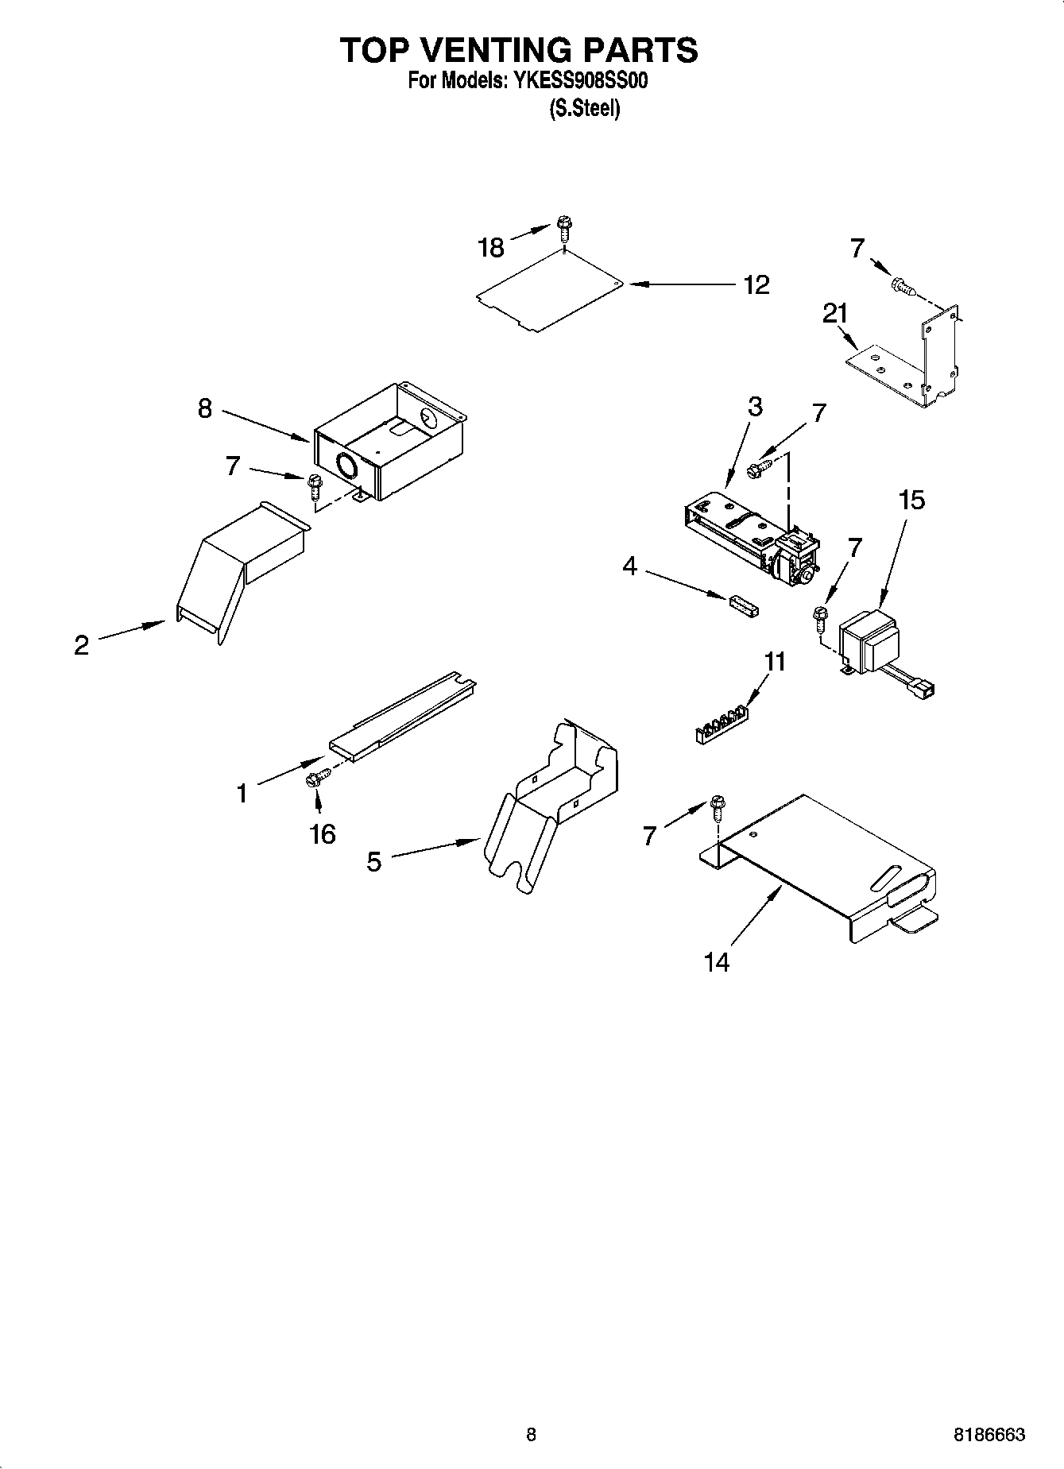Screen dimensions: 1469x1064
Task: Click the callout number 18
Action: (x=491, y=248)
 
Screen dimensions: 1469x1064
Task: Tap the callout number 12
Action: (x=756, y=285)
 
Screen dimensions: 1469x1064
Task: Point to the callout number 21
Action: (x=835, y=314)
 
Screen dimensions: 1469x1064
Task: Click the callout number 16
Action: (x=323, y=834)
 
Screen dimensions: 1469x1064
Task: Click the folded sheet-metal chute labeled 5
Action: (x=548, y=802)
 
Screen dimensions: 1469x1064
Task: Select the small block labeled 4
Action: (x=741, y=605)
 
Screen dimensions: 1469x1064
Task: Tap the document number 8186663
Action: (x=989, y=1435)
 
